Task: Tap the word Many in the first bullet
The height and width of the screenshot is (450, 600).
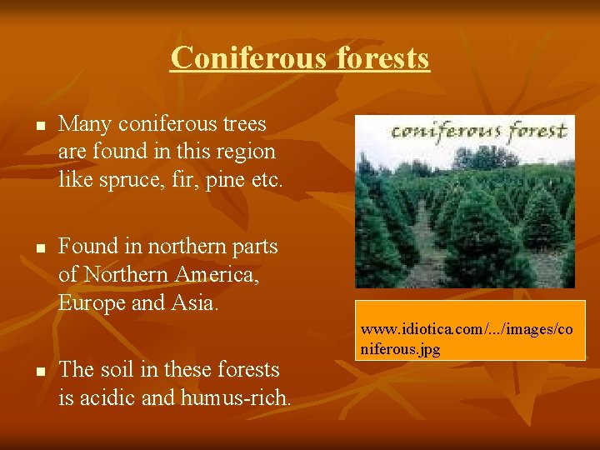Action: (81, 124)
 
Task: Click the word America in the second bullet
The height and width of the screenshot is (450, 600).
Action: (217, 274)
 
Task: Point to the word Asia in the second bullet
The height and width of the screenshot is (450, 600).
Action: (195, 302)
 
